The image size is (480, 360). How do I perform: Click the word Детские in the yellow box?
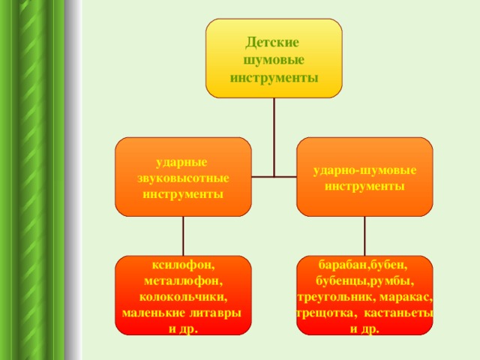point(271,43)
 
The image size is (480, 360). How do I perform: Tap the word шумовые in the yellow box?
point(274,60)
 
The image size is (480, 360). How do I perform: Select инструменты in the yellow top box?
point(274,78)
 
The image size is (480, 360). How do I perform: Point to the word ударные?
point(181,163)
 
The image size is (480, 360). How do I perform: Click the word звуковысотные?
point(183,178)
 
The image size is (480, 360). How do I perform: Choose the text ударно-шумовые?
point(364,170)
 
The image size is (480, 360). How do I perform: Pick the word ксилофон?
point(181,265)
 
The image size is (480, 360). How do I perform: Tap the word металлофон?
point(181,281)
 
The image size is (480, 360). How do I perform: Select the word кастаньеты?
point(398,313)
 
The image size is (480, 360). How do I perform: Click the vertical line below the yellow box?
point(274,137)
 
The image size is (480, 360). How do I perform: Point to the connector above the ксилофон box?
point(183,236)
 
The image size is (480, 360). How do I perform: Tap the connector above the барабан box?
point(364,236)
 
